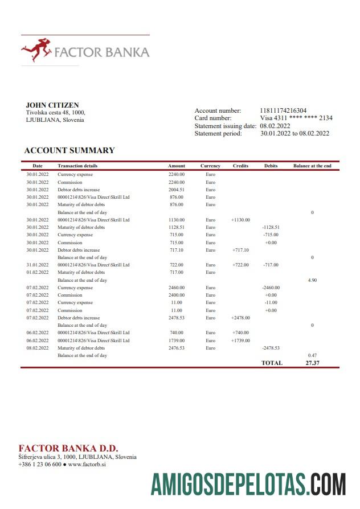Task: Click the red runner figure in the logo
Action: (35, 50)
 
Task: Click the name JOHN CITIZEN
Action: (52, 105)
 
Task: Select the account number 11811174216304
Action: (283, 110)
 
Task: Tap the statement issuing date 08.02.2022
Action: (275, 126)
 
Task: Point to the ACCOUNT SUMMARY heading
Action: (69, 151)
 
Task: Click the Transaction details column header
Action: (77, 166)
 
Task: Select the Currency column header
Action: (210, 166)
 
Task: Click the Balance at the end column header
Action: (312, 166)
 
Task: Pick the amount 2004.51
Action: (177, 190)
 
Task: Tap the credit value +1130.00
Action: (240, 220)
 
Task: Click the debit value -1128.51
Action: (271, 227)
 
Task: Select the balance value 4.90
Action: (312, 280)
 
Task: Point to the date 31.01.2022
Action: (38, 265)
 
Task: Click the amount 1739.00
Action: (177, 340)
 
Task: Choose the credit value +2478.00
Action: (240, 318)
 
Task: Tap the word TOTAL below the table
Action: (272, 363)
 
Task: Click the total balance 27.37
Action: (312, 363)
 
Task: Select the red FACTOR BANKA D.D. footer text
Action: (68, 448)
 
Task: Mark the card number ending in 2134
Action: (296, 118)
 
